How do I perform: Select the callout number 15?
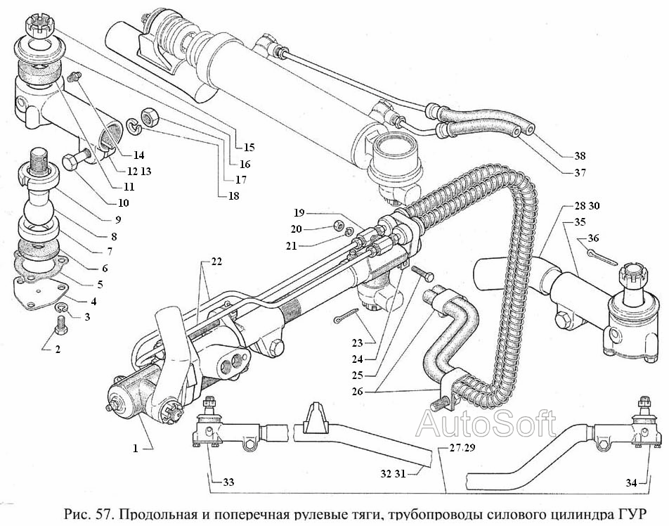pos(249,148)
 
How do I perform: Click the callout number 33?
pos(228,483)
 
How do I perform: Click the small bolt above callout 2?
pos(60,325)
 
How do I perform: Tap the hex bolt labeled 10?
pos(74,162)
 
